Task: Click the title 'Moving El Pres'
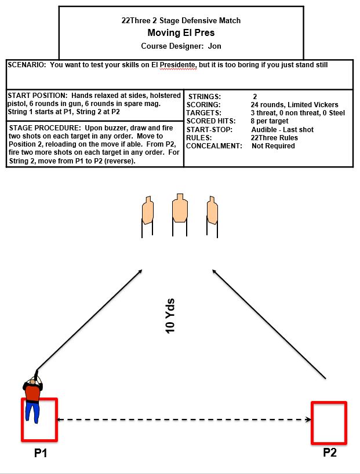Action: pos(181,33)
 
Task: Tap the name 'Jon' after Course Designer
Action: pos(214,46)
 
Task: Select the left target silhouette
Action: pos(148,212)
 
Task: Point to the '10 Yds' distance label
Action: pos(170,316)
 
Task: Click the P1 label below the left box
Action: pos(40,453)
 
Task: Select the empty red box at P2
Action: pos(329,422)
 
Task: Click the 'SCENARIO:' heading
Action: pos(27,65)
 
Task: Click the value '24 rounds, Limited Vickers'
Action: pos(287,105)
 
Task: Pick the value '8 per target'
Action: pos(270,121)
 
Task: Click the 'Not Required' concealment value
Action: pos(273,146)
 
